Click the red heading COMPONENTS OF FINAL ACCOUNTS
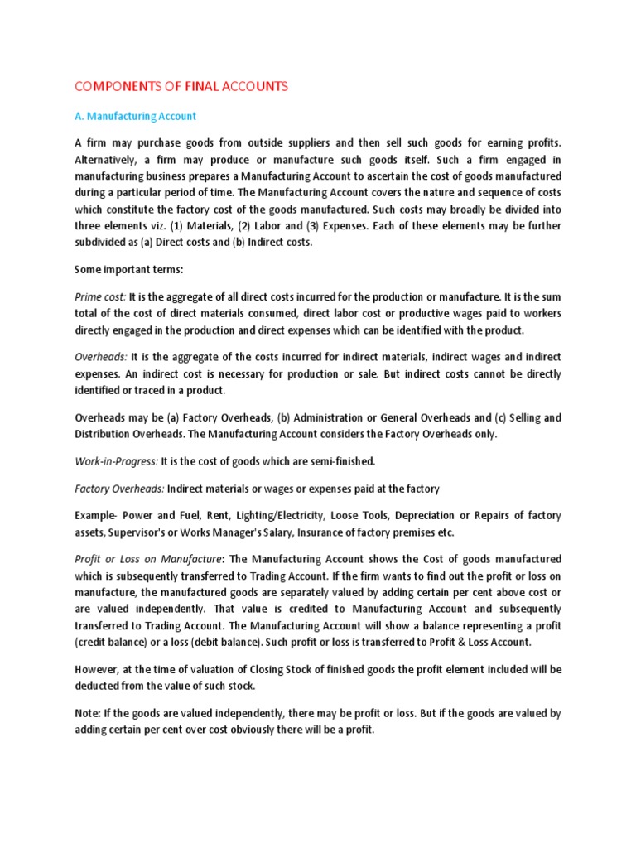click(x=181, y=87)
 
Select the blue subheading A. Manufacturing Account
click(x=135, y=117)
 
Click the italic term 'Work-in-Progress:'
click(x=116, y=461)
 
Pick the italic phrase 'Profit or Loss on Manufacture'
click(x=148, y=559)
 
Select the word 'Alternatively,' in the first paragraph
click(x=109, y=161)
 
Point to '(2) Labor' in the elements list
click(x=241, y=225)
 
